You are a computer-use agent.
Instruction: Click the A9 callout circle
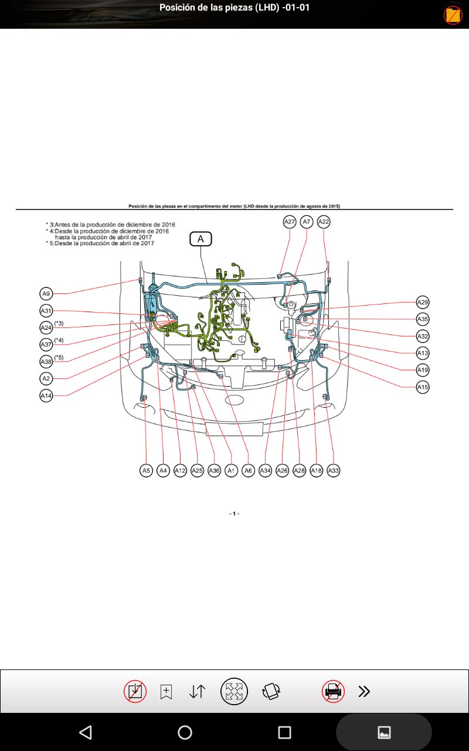pos(46,294)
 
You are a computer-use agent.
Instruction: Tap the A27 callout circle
pos(290,222)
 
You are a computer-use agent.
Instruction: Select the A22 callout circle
pos(324,222)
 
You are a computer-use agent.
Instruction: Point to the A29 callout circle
pos(423,302)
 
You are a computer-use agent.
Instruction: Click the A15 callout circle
pos(423,387)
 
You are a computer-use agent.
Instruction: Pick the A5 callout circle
pos(146,471)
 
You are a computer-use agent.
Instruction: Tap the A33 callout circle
pos(334,471)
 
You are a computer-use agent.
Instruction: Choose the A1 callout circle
pos(231,471)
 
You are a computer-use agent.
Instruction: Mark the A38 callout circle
pos(46,362)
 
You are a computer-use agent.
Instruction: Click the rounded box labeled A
pos(200,239)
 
